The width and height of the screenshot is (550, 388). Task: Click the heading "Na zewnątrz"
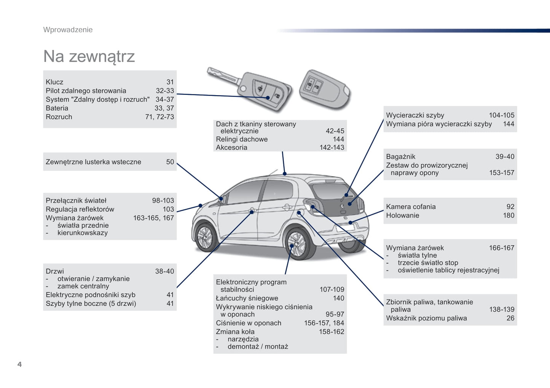tap(89, 56)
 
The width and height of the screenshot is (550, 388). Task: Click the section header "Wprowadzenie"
tap(68, 30)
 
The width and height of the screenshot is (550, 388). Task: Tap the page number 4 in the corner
tap(19, 364)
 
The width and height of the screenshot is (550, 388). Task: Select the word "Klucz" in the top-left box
tap(54, 82)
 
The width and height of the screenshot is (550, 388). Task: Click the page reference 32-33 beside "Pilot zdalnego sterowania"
tap(164, 91)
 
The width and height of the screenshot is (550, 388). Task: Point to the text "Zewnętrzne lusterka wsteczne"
tap(93, 162)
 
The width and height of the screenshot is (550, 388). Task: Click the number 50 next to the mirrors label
tap(170, 162)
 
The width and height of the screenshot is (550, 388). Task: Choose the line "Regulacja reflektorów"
tap(80, 209)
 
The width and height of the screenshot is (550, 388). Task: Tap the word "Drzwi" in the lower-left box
tap(55, 271)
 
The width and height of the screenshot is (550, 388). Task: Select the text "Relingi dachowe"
tap(242, 139)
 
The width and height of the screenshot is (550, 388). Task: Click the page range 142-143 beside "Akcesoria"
tap(332, 147)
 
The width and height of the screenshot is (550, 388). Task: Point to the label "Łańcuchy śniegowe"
tap(247, 298)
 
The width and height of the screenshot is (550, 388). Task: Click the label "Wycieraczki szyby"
tap(415, 115)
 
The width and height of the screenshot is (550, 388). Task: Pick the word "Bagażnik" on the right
tap(400, 156)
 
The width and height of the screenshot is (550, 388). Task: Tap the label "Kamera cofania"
tap(411, 206)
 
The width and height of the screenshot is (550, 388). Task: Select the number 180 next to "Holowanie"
tap(509, 215)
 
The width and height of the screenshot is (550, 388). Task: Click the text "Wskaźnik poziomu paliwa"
tap(426, 318)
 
